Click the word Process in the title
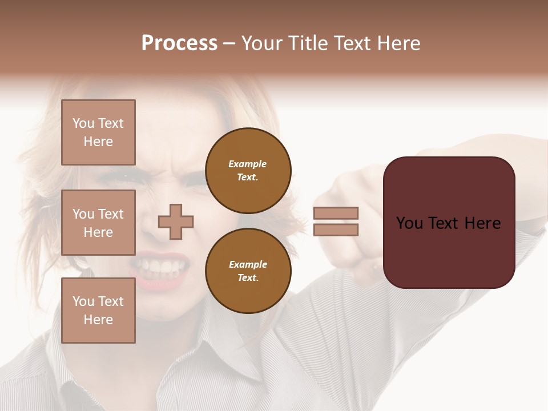click(x=179, y=43)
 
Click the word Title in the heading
click(x=309, y=43)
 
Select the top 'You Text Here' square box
click(x=98, y=132)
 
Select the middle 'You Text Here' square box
click(x=98, y=223)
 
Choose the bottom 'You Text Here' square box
click(x=98, y=311)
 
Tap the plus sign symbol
click(x=176, y=221)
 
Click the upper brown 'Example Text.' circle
click(x=248, y=171)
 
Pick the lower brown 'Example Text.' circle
click(x=248, y=271)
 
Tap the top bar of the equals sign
click(x=336, y=213)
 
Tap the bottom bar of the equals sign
click(x=336, y=229)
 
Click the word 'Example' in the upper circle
click(x=248, y=164)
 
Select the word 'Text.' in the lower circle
click(x=248, y=278)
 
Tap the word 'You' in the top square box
click(x=83, y=123)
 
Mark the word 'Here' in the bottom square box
click(x=98, y=320)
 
